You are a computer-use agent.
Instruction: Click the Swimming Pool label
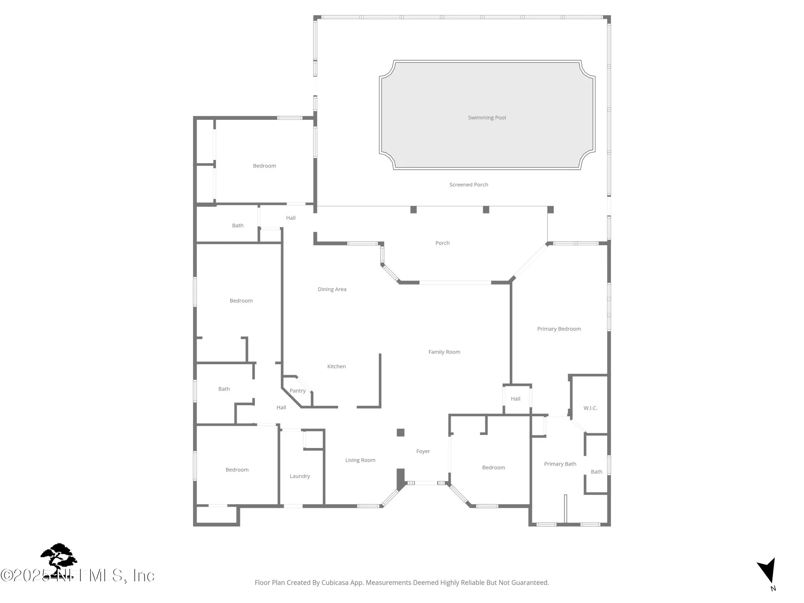tap(487, 118)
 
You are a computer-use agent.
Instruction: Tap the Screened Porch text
tap(469, 185)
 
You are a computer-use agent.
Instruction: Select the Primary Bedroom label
tap(559, 329)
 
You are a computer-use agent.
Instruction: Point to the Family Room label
tap(444, 352)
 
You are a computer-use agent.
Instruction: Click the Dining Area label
tap(332, 289)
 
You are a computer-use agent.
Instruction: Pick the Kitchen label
tap(336, 367)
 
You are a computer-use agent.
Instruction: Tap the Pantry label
tap(297, 391)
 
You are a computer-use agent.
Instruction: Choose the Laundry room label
tap(300, 476)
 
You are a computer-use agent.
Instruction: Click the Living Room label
tap(360, 460)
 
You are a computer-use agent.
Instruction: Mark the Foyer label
tap(423, 451)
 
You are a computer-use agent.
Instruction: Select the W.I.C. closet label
tap(590, 408)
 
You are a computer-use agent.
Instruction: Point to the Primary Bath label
tap(560, 464)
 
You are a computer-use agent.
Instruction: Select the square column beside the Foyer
tap(400, 433)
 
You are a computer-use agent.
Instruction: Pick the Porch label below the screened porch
tap(442, 243)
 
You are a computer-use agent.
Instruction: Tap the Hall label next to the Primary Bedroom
tap(515, 399)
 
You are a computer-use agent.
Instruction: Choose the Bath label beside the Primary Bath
tap(597, 472)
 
